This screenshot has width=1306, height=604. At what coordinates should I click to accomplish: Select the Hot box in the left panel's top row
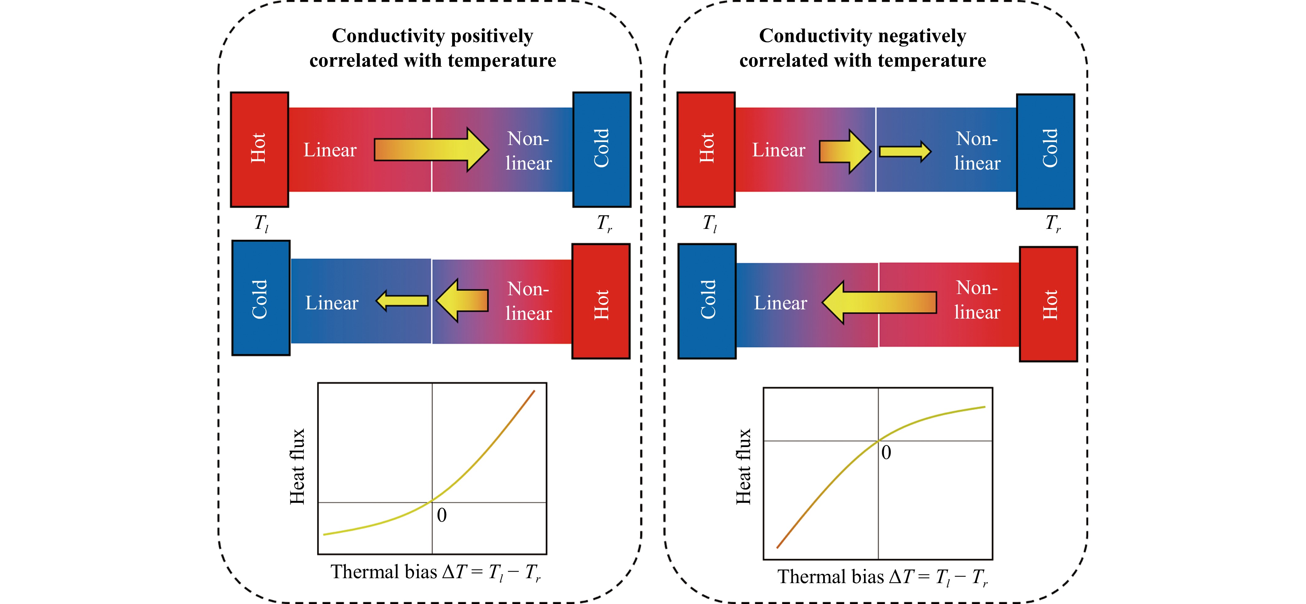click(x=260, y=150)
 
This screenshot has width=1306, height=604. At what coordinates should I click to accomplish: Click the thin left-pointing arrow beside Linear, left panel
click(x=402, y=301)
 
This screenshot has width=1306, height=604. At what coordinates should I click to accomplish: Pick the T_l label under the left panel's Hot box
click(x=261, y=223)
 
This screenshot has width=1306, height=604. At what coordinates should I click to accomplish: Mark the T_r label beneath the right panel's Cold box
click(x=1053, y=223)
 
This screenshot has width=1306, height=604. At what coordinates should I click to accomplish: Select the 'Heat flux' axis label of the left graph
click(x=297, y=467)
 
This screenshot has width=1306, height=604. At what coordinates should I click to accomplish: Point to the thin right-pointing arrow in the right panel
click(x=905, y=151)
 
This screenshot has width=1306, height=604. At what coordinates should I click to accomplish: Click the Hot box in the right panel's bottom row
click(x=1048, y=304)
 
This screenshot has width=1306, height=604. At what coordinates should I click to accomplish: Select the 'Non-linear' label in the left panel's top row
click(x=528, y=151)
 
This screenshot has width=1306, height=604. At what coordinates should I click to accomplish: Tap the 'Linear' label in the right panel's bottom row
click(x=780, y=303)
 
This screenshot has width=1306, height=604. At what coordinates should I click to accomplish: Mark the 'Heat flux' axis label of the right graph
click(x=743, y=467)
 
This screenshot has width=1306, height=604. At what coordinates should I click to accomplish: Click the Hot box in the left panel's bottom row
click(x=601, y=302)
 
